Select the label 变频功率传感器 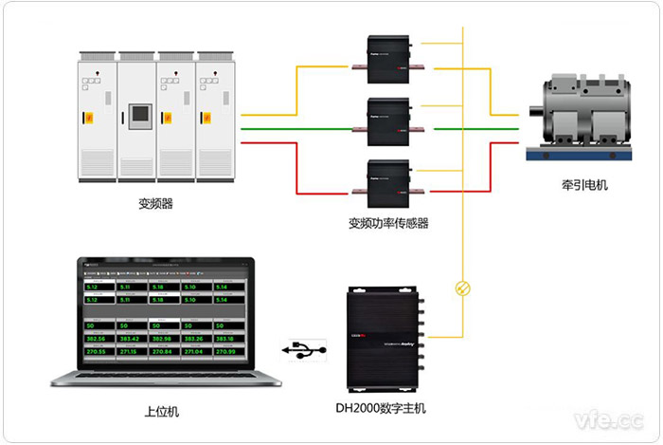click(x=388, y=223)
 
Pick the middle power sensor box click(x=388, y=119)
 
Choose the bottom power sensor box click(x=388, y=180)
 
